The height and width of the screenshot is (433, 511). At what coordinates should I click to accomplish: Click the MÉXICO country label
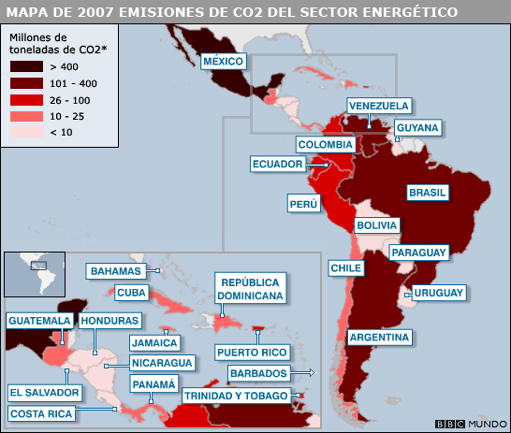coord(224,62)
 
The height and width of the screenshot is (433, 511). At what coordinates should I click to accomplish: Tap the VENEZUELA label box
coord(378,106)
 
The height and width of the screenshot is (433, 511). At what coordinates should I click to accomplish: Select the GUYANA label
coord(416,127)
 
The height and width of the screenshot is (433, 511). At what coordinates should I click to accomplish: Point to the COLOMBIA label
coord(325,145)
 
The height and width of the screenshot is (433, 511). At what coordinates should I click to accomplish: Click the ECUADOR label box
coord(278,165)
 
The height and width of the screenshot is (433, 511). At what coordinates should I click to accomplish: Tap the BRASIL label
coord(427,193)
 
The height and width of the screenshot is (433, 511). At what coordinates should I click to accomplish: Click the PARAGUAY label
coord(418,253)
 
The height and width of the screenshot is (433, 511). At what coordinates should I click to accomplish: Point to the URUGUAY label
coord(439,293)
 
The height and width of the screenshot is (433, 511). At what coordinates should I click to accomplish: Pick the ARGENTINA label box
coord(379,337)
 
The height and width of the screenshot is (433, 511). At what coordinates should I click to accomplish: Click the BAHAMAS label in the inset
coord(116,271)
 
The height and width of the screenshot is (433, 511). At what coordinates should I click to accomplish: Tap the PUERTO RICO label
coord(251,353)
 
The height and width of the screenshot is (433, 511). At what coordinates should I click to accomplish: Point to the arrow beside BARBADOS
coord(312,373)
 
